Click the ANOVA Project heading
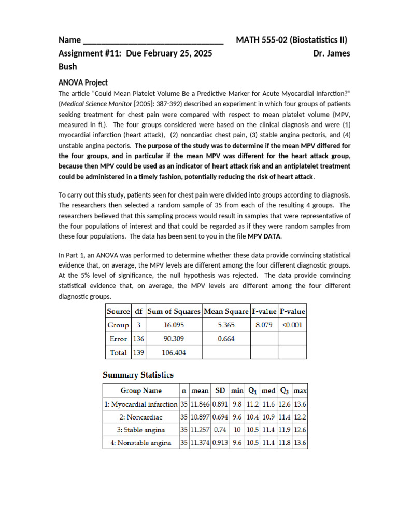tap(83, 82)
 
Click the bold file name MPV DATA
tap(264, 236)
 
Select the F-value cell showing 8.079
tap(264, 325)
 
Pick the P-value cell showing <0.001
tap(292, 325)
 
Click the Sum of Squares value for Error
tap(174, 339)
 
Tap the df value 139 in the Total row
tap(138, 352)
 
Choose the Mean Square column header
tap(226, 312)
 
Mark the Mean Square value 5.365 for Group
tap(226, 325)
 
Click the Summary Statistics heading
tap(138, 375)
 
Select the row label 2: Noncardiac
tap(141, 417)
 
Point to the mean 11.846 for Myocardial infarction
tap(200, 403)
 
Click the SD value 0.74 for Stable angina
tap(220, 430)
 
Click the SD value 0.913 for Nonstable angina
tap(220, 443)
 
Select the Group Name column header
tap(141, 390)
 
